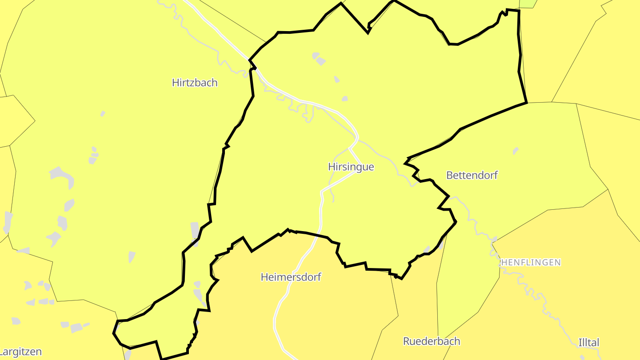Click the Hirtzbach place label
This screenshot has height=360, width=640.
coord(195,83)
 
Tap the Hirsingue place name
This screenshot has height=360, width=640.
coord(351,167)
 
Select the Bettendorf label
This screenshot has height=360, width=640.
coord(472,175)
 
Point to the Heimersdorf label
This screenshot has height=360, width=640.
coord(291,277)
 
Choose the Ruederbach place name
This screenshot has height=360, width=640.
coord(432,341)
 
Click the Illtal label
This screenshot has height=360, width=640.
coord(589,343)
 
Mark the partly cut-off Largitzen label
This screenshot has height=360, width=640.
coord(20,352)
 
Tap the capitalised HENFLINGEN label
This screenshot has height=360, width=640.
coord(531,263)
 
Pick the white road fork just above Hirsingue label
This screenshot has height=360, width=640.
coord(350,149)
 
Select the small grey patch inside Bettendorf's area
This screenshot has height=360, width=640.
coord(515,151)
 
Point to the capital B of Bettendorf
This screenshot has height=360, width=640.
coord(449,175)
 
